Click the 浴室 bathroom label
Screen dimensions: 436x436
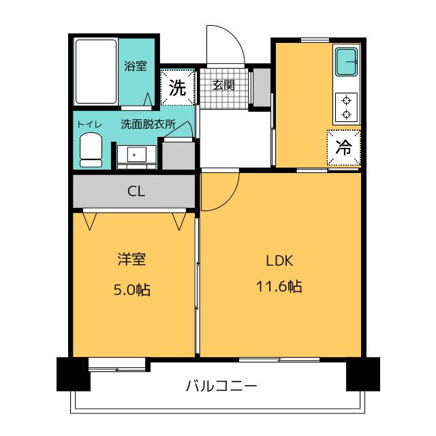135,66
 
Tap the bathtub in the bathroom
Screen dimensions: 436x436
95,72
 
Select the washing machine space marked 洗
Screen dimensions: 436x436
177,87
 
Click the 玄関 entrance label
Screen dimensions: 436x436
223,84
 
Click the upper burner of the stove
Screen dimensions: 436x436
346,100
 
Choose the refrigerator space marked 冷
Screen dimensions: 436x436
343,147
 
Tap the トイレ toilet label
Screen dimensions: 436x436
89,124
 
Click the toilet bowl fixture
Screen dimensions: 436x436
91,150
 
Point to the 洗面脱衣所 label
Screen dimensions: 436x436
148,124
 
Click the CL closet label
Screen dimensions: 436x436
136,191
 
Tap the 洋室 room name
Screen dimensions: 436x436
131,259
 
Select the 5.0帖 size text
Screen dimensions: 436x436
131,290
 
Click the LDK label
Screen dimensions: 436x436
279,261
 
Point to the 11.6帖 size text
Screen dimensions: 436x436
279,286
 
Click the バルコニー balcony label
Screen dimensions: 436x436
221,386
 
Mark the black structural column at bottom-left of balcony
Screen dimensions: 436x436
73,374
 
